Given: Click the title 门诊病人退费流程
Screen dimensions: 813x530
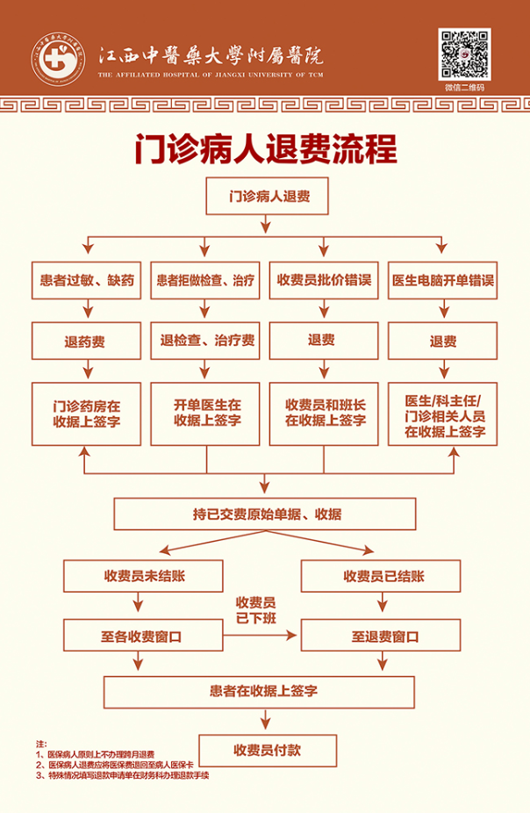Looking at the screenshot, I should pyautogui.click(x=265, y=148).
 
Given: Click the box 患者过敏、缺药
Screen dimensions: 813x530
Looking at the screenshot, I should pyautogui.click(x=87, y=281).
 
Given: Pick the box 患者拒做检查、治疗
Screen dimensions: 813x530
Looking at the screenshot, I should pyautogui.click(x=205, y=281).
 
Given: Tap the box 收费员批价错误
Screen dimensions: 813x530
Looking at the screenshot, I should pyautogui.click(x=324, y=281).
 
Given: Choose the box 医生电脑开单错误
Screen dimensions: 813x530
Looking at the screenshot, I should pyautogui.click(x=442, y=281).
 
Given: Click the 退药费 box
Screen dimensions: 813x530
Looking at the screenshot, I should pyautogui.click(x=87, y=341).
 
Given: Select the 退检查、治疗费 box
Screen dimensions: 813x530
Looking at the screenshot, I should pyautogui.click(x=205, y=341).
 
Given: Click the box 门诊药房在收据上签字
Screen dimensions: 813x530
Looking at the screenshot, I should pyautogui.click(x=87, y=413).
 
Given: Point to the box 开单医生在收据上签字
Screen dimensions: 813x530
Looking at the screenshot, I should pyautogui.click(x=205, y=413).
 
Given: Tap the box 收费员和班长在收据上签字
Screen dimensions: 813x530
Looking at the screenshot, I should pyautogui.click(x=324, y=413).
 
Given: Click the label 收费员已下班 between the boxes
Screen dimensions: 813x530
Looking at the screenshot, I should pyautogui.click(x=255, y=609).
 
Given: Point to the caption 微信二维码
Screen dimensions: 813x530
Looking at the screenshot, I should pyautogui.click(x=464, y=87).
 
